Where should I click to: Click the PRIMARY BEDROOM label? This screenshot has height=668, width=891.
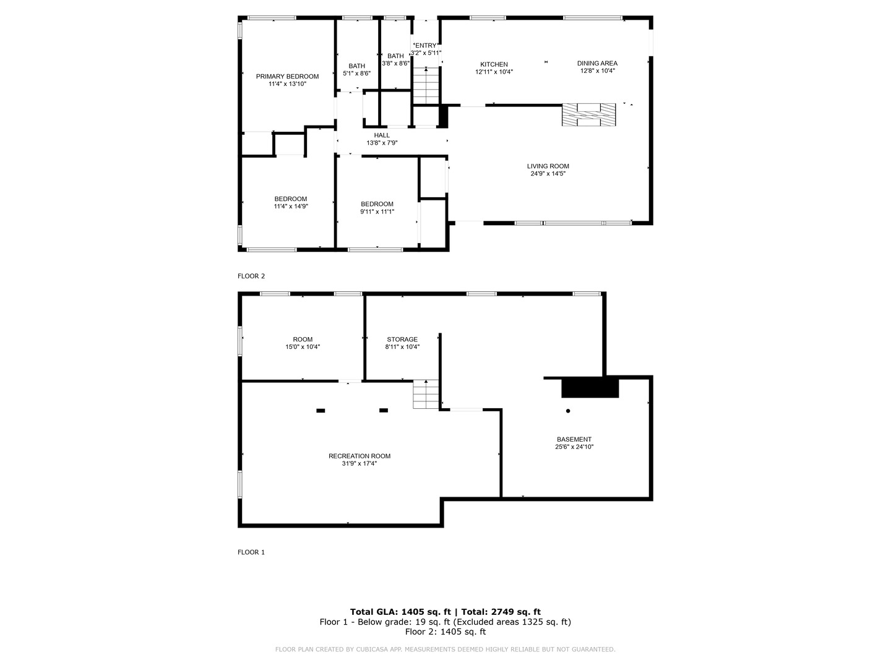[x=287, y=77]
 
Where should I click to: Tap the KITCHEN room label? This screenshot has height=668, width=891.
[x=494, y=64]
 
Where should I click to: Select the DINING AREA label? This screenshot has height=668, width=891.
[x=597, y=63]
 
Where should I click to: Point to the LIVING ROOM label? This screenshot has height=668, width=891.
[x=548, y=166]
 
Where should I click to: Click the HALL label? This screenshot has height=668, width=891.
[x=382, y=135]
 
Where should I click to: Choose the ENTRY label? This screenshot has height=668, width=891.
[x=426, y=45]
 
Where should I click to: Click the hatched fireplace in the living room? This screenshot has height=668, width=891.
[x=588, y=115]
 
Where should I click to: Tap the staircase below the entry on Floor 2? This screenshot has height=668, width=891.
[x=426, y=86]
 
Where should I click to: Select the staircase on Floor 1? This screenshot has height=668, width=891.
[x=426, y=394]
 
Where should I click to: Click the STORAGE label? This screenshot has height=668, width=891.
[x=402, y=340]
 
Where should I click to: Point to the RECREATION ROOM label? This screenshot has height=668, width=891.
[x=359, y=456]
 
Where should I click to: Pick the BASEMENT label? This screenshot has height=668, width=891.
[x=574, y=439]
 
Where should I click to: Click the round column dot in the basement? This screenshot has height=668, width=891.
[x=568, y=411]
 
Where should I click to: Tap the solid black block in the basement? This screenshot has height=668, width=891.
[x=590, y=388]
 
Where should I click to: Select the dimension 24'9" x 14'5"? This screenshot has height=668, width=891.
[x=548, y=174]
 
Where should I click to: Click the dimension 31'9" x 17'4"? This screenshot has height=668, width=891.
[x=359, y=463]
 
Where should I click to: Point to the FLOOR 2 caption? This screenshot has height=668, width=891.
[x=251, y=276]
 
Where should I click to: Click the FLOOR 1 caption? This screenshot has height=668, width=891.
[x=251, y=552]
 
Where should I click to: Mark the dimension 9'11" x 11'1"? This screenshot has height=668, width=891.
[x=377, y=212]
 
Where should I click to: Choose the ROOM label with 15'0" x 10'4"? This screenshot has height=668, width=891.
[x=303, y=340]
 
